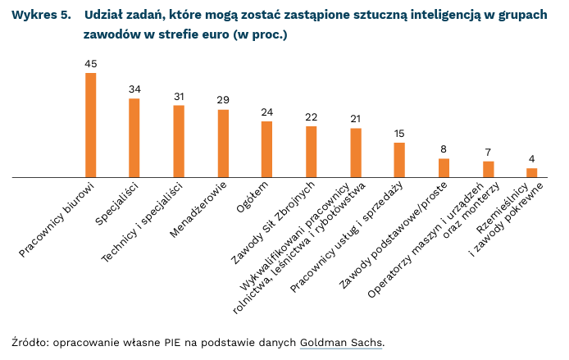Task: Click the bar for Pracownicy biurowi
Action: coord(91,125)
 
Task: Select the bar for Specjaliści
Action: coord(134,138)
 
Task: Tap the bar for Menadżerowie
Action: coord(223,144)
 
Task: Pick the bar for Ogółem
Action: coord(266,149)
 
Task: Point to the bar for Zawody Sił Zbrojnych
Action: coord(311,152)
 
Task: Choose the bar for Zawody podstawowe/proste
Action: coord(444,168)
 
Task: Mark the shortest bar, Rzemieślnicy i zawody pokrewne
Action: coord(532,172)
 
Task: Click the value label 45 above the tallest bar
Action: coord(91,64)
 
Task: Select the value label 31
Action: coord(179,96)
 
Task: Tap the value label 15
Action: coord(399,134)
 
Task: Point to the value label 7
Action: coord(488,152)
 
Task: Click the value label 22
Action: coord(311,117)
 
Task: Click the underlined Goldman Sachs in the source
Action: coord(340,342)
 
